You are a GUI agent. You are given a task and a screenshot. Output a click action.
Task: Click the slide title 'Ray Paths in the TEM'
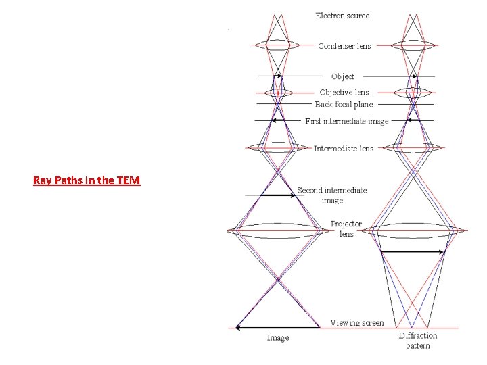click(x=87, y=180)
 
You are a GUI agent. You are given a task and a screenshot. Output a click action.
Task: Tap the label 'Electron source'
click(x=342, y=15)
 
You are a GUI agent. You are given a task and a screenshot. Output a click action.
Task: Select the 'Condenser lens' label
click(x=344, y=46)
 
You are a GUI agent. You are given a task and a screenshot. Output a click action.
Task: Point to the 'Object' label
click(x=342, y=76)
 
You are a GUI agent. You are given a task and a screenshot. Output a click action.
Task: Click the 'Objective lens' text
click(x=344, y=92)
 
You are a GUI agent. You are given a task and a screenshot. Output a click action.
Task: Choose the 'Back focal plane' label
click(x=344, y=104)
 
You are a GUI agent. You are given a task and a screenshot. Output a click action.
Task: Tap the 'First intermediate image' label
click(x=346, y=121)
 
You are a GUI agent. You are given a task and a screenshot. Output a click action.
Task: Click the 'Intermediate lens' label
click(x=344, y=149)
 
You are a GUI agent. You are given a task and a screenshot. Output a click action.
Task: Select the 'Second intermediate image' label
click(x=332, y=195)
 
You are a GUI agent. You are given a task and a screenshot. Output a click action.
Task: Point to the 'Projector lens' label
click(x=346, y=228)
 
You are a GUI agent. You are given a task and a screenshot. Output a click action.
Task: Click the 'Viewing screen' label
click(x=356, y=322)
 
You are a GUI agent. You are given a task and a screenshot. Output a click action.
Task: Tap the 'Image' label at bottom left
click(x=278, y=338)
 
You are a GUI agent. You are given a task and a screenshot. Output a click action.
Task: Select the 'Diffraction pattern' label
click(x=418, y=340)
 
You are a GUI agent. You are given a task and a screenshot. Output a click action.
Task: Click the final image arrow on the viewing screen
click(x=277, y=328)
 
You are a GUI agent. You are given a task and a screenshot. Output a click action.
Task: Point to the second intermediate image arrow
click(x=277, y=195)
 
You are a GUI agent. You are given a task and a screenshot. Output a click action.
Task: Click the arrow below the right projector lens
click(x=413, y=252)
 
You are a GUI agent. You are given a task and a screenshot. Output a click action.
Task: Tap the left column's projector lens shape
click(x=277, y=230)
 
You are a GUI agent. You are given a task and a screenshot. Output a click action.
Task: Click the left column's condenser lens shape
click(x=277, y=45)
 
